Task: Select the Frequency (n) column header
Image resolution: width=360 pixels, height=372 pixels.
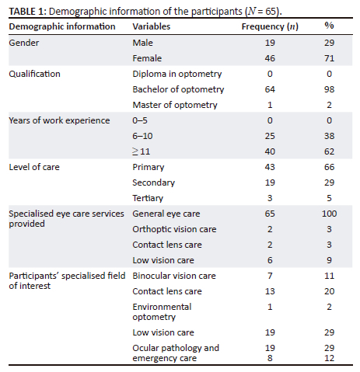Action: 271,26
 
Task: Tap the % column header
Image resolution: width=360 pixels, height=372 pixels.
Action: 329,26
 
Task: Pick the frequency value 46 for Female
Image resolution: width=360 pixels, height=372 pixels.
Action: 271,58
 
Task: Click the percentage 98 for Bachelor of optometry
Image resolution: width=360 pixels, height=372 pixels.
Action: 329,89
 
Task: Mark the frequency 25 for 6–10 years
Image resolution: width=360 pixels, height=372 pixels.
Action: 271,136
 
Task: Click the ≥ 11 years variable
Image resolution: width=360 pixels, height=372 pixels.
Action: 142,151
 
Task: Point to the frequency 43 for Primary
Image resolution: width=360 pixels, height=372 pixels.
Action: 271,167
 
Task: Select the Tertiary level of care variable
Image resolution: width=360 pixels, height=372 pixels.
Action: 149,198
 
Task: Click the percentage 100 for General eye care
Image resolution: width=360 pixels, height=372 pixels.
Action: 329,214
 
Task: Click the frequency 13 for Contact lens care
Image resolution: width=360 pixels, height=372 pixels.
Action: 271,291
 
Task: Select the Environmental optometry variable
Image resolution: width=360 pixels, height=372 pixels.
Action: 162,312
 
